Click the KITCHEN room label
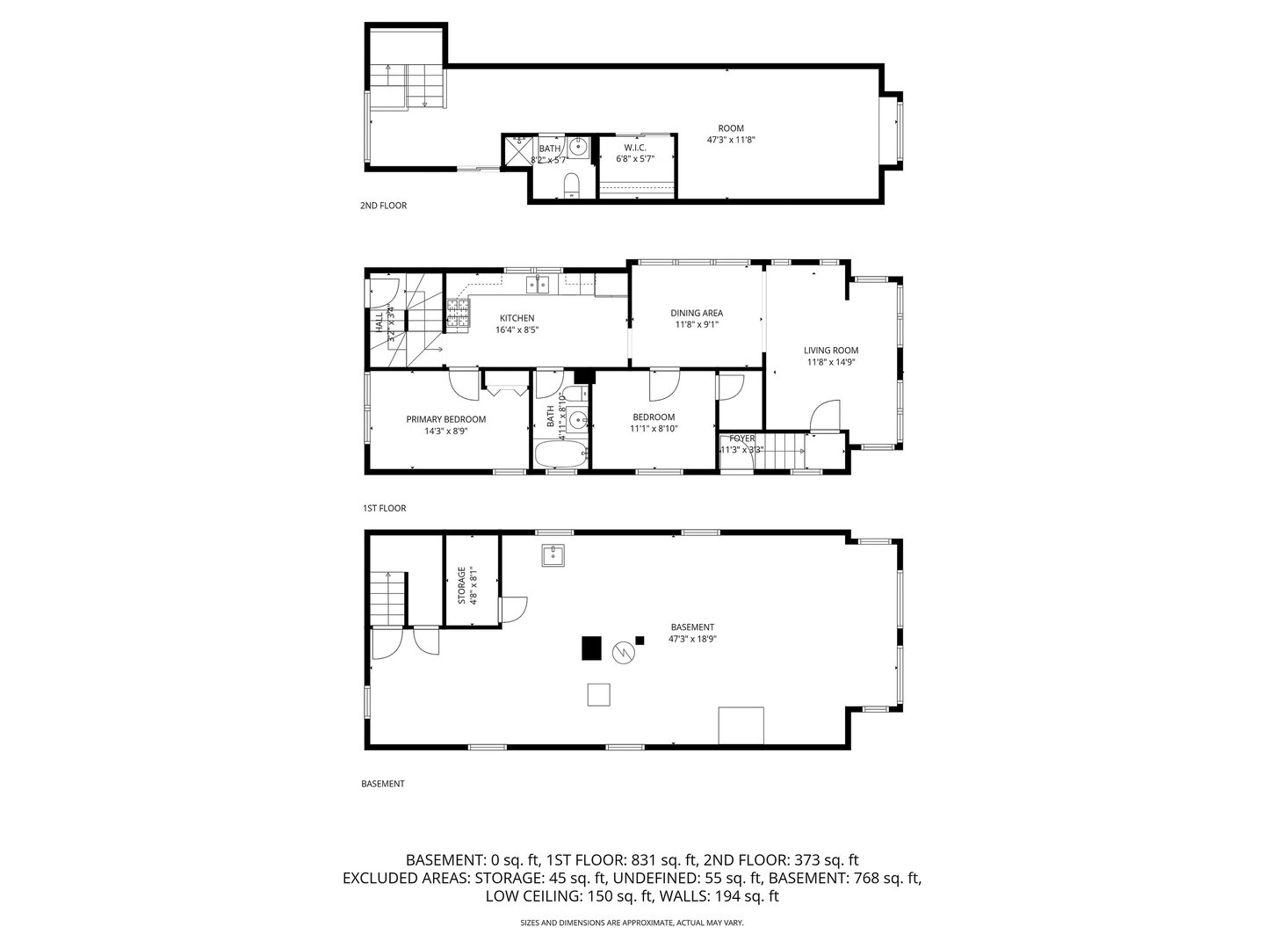pyautogui.click(x=517, y=318)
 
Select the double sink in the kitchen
pyautogui.click(x=537, y=283)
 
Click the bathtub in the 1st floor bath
pyautogui.click(x=560, y=454)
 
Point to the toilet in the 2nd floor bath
pyautogui.click(x=571, y=184)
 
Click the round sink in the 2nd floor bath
pyautogui.click(x=578, y=147)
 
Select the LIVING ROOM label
pyautogui.click(x=830, y=351)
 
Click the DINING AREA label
pyautogui.click(x=697, y=313)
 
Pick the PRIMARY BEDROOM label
pyautogui.click(x=445, y=419)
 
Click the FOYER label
pyautogui.click(x=741, y=438)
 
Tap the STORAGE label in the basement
pyautogui.click(x=461, y=585)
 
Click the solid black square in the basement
pyautogui.click(x=591, y=648)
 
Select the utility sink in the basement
pyautogui.click(x=553, y=555)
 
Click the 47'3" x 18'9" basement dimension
pyautogui.click(x=692, y=639)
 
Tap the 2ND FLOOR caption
pyautogui.click(x=383, y=206)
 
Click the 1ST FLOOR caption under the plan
pyautogui.click(x=384, y=508)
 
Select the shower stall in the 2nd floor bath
pyautogui.click(x=518, y=151)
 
